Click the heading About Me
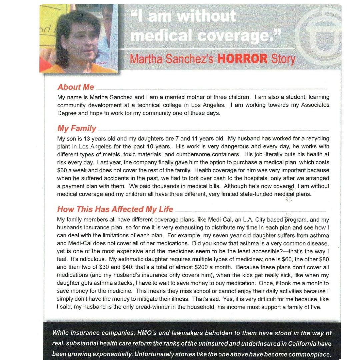76,87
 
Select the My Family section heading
77,128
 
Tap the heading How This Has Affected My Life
115,209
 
